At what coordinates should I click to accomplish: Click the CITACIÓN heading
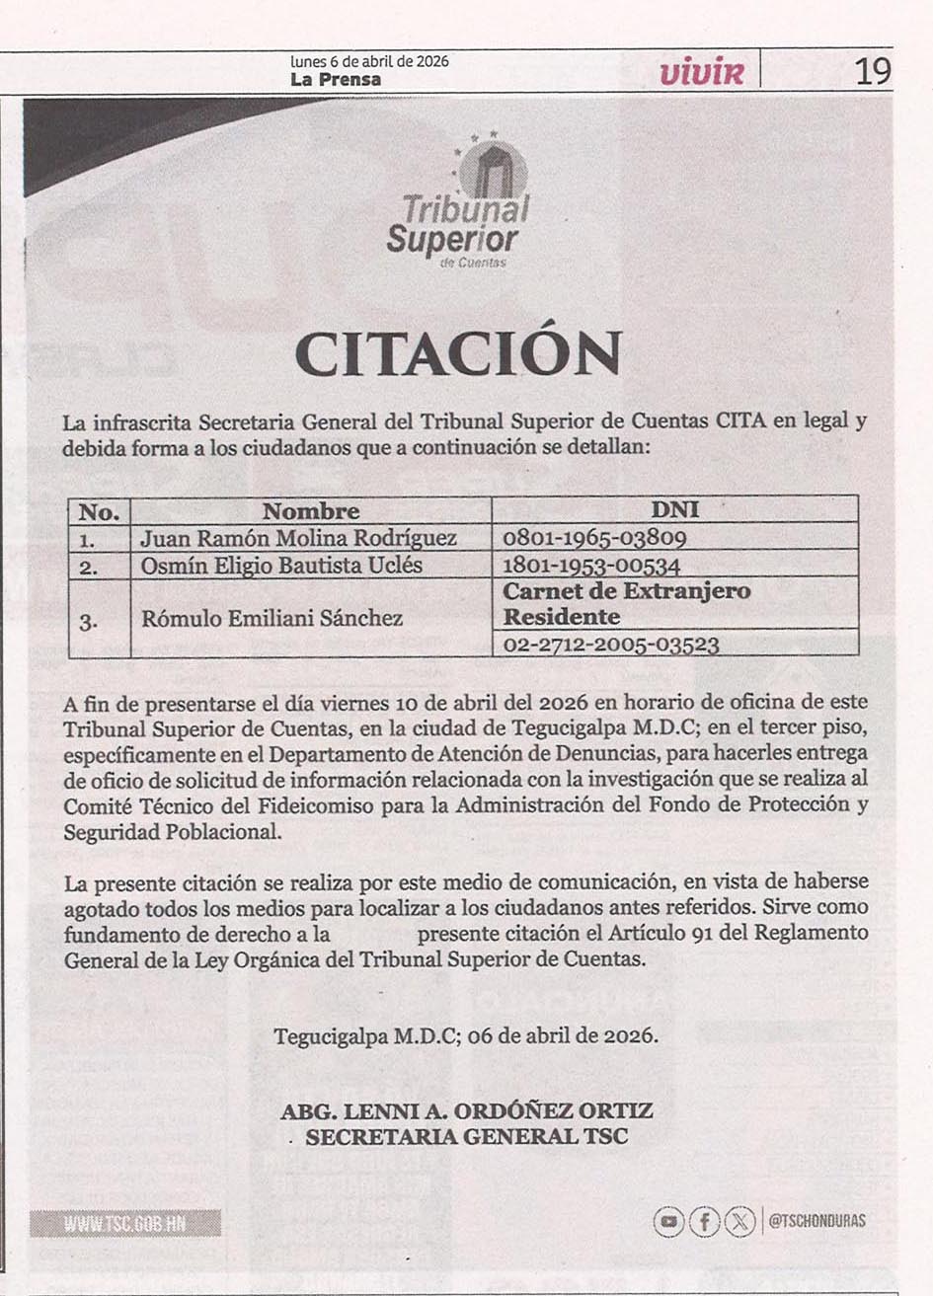click(458, 353)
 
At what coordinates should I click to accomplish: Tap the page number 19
click(872, 71)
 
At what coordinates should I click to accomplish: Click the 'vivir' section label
click(701, 71)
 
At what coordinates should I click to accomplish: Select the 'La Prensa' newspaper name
click(336, 80)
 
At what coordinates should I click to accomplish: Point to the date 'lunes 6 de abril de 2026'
click(369, 61)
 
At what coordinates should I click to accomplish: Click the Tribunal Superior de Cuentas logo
click(458, 202)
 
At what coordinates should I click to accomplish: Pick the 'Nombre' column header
click(310, 511)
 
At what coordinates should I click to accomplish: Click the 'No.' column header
click(99, 511)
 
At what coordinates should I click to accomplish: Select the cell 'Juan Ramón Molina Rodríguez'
click(298, 538)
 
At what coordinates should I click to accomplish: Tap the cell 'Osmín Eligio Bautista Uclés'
click(281, 566)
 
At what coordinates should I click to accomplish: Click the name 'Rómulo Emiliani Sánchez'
click(272, 619)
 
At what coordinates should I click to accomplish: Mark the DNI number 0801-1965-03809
click(594, 539)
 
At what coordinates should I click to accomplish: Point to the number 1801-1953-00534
click(591, 566)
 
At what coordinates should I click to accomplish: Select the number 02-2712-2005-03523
click(610, 645)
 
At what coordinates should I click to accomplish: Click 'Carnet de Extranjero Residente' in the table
click(627, 604)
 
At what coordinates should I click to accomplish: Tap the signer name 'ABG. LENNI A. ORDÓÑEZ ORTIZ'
click(467, 1111)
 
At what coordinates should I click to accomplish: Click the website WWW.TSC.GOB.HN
click(124, 1224)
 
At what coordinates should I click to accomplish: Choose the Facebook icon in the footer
click(704, 1222)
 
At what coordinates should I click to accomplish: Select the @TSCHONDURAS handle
click(816, 1222)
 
